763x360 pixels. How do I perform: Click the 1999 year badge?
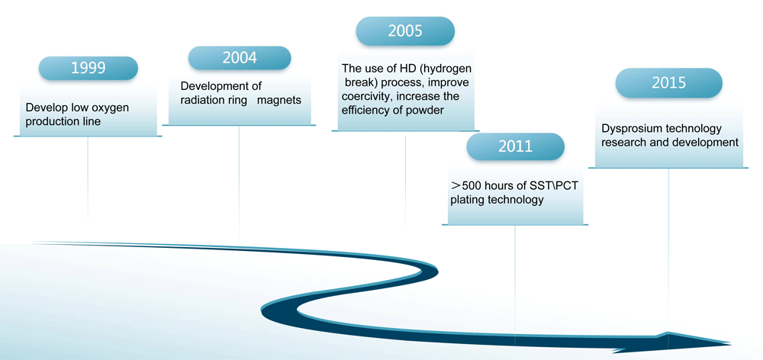point(88,68)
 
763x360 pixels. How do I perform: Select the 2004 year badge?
point(240,58)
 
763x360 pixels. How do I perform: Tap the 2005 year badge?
point(405,31)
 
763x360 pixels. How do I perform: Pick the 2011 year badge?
point(515,146)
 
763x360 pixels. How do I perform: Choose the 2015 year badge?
point(668,82)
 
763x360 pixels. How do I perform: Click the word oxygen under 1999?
point(111,108)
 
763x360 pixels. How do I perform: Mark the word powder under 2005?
point(427,111)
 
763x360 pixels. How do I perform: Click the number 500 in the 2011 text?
point(471,185)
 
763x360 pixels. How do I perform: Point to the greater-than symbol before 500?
point(456,185)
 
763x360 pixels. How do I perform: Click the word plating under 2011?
point(467,200)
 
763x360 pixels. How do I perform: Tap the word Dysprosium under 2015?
point(628,129)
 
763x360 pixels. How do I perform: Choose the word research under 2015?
point(623,143)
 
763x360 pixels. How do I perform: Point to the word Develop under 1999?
point(44,108)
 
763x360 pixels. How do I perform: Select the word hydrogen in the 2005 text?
point(450,68)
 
